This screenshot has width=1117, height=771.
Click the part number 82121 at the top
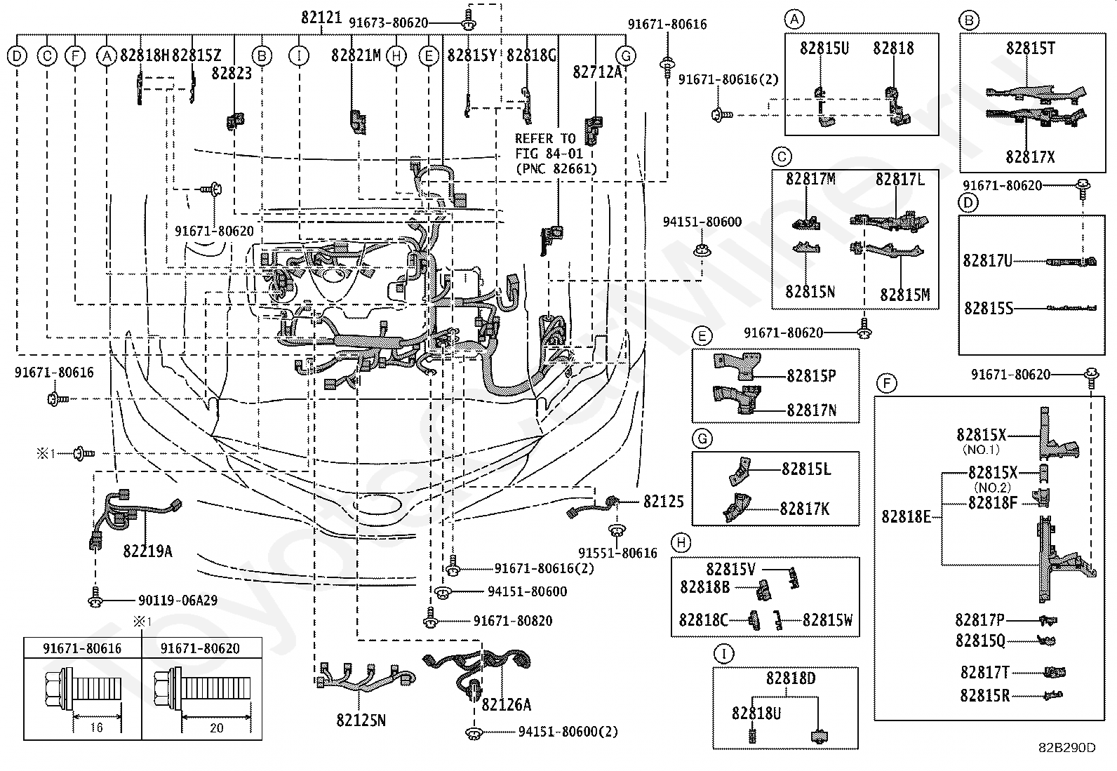[x=321, y=18]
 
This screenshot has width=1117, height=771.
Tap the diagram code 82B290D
[x=1067, y=748]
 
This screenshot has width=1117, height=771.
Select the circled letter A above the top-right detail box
[x=794, y=20]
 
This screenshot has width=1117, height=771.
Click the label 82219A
[x=147, y=551]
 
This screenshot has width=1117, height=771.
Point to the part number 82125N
[x=361, y=720]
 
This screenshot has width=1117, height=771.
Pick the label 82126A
[x=506, y=704]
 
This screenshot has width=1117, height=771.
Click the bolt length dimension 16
[x=97, y=728]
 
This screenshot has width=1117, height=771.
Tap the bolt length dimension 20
[x=216, y=728]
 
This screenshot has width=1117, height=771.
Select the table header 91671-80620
[x=200, y=648]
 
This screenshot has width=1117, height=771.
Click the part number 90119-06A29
[x=178, y=600]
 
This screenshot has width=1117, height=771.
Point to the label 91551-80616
[x=618, y=553]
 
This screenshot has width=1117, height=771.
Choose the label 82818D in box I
[x=791, y=678]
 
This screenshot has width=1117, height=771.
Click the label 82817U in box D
[x=987, y=260]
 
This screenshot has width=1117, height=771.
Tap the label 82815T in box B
[x=1031, y=48]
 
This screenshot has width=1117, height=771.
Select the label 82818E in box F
[x=906, y=516]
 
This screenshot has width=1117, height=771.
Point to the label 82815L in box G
[x=806, y=469]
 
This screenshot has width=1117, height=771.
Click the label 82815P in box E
[x=811, y=375]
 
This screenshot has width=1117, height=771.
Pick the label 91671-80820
[x=513, y=621]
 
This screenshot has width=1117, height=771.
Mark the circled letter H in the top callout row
[x=396, y=56]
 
